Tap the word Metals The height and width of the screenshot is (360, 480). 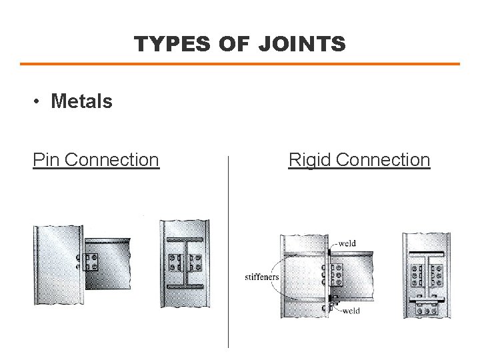click(81, 101)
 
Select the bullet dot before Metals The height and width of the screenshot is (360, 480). click(38, 102)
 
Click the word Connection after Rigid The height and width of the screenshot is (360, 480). click(383, 160)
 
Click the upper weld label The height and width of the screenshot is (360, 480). click(347, 243)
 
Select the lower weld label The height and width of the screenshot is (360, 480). click(351, 311)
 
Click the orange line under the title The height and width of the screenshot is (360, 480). click(240, 64)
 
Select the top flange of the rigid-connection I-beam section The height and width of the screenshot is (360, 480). click(426, 253)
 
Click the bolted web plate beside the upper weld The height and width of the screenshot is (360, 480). click(337, 274)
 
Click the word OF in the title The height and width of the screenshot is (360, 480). click(235, 44)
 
